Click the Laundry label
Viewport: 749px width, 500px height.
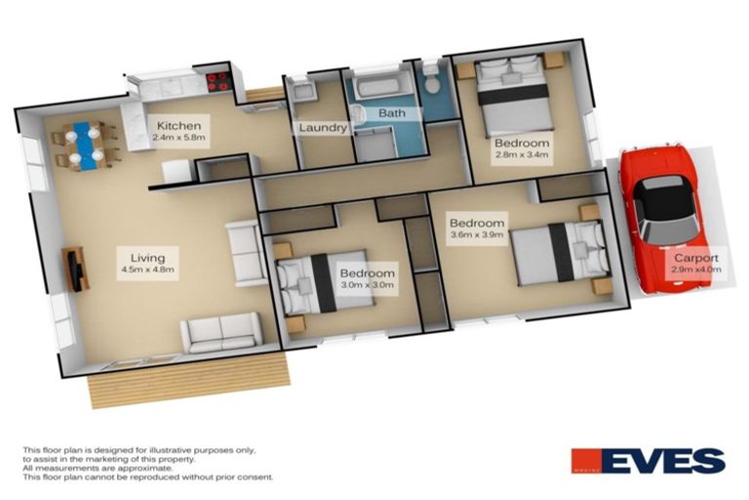tap(323, 127)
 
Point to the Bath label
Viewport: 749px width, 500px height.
tap(392, 113)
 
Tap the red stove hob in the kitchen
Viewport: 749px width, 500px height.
tap(217, 82)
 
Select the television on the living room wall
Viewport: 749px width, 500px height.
tap(76, 268)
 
